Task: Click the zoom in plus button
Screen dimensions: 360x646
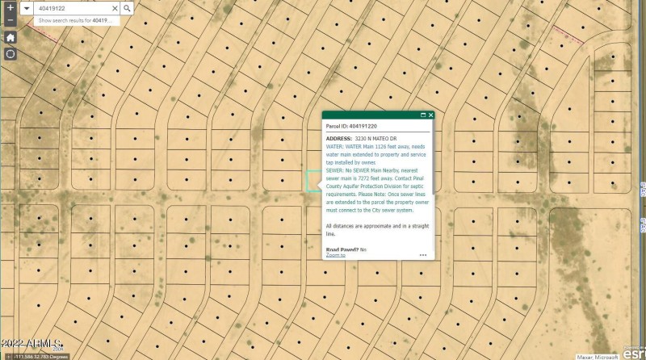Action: point(10,8)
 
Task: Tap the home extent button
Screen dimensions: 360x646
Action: point(10,37)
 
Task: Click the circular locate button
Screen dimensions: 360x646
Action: point(10,54)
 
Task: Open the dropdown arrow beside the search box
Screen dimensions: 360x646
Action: point(27,8)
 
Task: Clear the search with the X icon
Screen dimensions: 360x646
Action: point(115,8)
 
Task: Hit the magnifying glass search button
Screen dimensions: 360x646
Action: point(128,8)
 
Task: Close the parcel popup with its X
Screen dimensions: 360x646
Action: point(431,115)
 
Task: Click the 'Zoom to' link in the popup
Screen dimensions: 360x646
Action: point(335,255)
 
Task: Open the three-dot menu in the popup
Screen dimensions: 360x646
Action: point(423,255)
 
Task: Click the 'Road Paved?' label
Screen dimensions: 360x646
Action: point(342,249)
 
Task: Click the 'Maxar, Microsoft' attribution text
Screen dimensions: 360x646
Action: point(595,356)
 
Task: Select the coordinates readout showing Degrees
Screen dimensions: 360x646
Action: point(37,356)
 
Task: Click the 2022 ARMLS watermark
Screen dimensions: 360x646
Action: point(32,345)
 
